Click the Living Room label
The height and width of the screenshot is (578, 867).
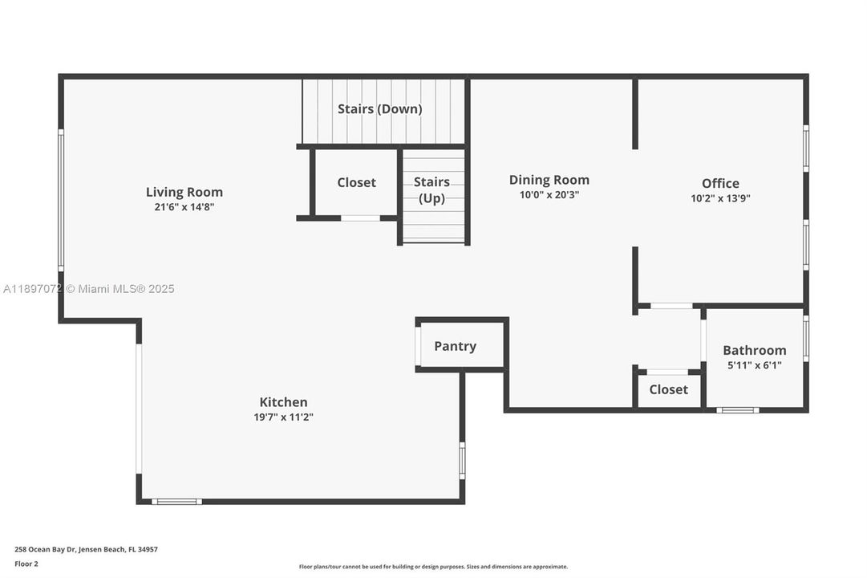pos(184,192)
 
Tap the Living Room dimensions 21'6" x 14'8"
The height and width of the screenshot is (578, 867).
pos(184,207)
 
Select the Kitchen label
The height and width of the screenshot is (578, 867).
pos(283,402)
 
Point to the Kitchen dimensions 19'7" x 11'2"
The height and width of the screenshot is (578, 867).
pos(283,417)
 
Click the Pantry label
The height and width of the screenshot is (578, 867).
pos(455,347)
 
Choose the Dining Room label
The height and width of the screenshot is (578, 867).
pos(549,180)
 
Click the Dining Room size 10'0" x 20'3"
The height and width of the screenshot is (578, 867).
pos(549,195)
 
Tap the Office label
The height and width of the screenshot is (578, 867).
pos(720,183)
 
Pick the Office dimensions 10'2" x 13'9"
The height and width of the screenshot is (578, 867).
pos(720,198)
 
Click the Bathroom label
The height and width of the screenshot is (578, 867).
pos(754,351)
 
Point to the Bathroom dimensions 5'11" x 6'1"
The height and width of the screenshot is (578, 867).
pos(754,365)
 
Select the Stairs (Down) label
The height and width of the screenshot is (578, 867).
pos(380,109)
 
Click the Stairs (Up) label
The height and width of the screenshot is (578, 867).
pos(431,190)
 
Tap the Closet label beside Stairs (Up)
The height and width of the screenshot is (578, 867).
pos(357,183)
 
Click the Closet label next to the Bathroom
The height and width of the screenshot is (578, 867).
pos(669,390)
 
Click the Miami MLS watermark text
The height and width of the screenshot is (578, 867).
pos(88,289)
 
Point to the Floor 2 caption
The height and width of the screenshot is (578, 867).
pos(26,564)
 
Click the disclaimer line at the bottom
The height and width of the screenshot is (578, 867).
pos(433,567)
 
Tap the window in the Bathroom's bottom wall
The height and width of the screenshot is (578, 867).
pos(738,410)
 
